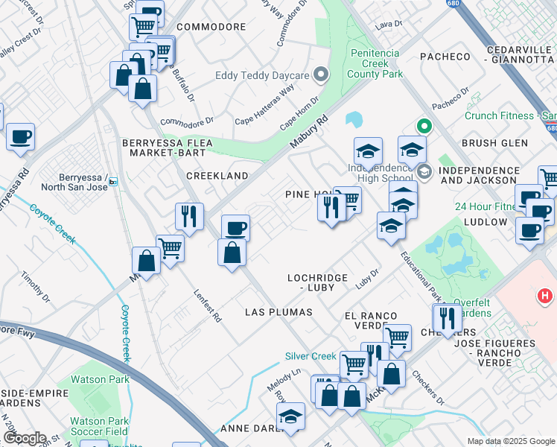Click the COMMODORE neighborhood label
(211, 27)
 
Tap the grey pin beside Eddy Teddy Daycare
(321, 74)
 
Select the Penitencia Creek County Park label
(375, 64)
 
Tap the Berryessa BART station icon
(112, 181)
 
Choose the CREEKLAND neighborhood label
(217, 175)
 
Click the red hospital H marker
(545, 297)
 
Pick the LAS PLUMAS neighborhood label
(278, 311)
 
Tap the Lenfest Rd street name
(208, 305)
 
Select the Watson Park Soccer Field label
(98, 426)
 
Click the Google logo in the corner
(24, 438)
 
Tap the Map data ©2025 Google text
(510, 441)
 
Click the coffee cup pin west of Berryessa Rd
(21, 137)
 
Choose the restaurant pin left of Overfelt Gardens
(446, 318)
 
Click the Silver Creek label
(311, 356)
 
